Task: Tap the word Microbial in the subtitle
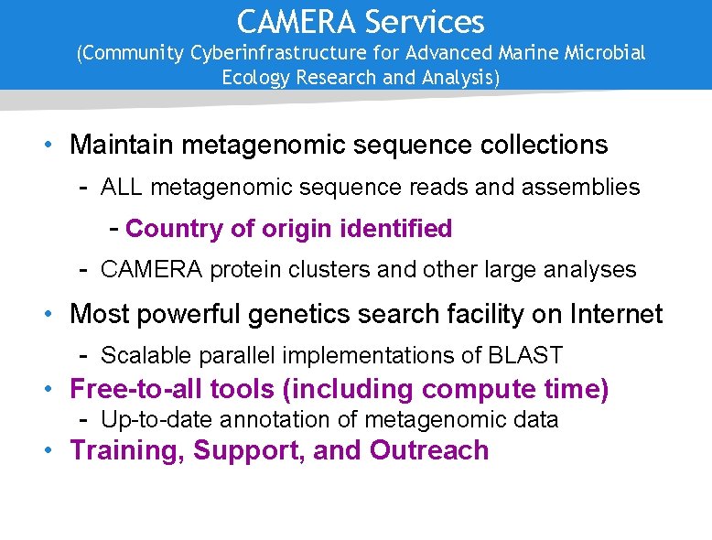tap(603, 53)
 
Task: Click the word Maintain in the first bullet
tap(123, 145)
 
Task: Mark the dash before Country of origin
tap(114, 228)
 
